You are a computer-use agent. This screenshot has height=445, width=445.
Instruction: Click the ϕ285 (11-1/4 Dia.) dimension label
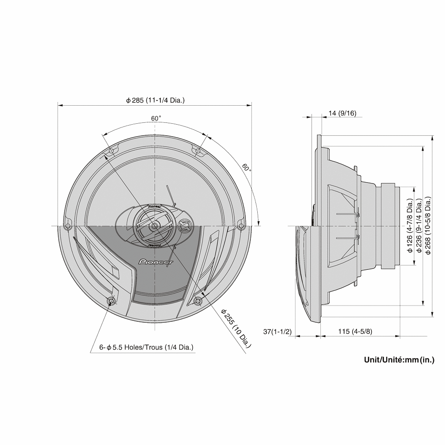coord(155,100)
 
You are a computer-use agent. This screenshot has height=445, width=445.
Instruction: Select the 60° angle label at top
coord(156,118)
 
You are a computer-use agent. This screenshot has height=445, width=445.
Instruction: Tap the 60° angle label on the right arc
coord(247,167)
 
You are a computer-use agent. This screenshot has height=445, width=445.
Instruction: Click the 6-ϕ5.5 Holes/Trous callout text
coord(146,347)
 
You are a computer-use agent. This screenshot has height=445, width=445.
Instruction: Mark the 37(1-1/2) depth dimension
coord(277,332)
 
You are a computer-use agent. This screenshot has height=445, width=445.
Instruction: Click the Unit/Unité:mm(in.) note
coord(399,359)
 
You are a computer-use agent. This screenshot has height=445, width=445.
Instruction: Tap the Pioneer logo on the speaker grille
coord(156,262)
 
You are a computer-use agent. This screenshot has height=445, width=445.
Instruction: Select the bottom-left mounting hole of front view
coord(111,301)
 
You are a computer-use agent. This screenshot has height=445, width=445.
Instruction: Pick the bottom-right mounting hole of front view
coord(198,301)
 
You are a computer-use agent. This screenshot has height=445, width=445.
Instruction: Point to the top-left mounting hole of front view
coord(111,151)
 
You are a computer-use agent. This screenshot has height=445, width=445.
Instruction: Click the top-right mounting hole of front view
coord(198,151)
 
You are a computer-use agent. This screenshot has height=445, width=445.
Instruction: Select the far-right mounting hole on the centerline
coord(241,226)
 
